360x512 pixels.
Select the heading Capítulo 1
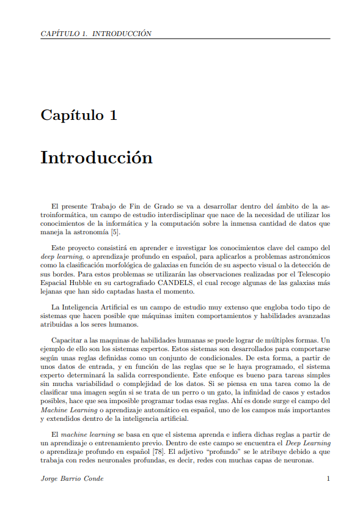(79, 115)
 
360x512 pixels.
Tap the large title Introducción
(96, 157)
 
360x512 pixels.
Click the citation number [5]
(115, 232)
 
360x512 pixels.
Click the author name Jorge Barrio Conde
(72, 478)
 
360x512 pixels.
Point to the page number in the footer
(328, 478)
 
